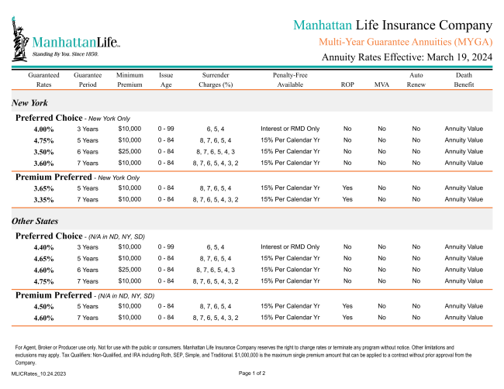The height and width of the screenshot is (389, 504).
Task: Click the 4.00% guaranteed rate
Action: pos(43,129)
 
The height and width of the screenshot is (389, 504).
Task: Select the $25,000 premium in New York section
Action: pos(129,152)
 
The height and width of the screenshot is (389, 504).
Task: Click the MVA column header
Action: pos(381,84)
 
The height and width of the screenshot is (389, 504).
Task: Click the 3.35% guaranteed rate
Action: pos(43,200)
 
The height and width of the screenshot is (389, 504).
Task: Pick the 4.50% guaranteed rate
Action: pos(43,306)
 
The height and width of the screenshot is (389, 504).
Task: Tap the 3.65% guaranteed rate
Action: pos(43,188)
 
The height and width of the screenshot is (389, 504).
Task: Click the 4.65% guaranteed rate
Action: pos(43,258)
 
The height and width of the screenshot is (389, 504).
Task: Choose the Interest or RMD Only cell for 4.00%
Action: pos(290,129)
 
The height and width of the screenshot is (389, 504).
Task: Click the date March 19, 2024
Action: pos(457,57)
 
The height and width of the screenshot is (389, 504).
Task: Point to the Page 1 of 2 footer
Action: pos(252,374)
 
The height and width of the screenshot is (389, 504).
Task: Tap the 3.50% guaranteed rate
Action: pos(43,152)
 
